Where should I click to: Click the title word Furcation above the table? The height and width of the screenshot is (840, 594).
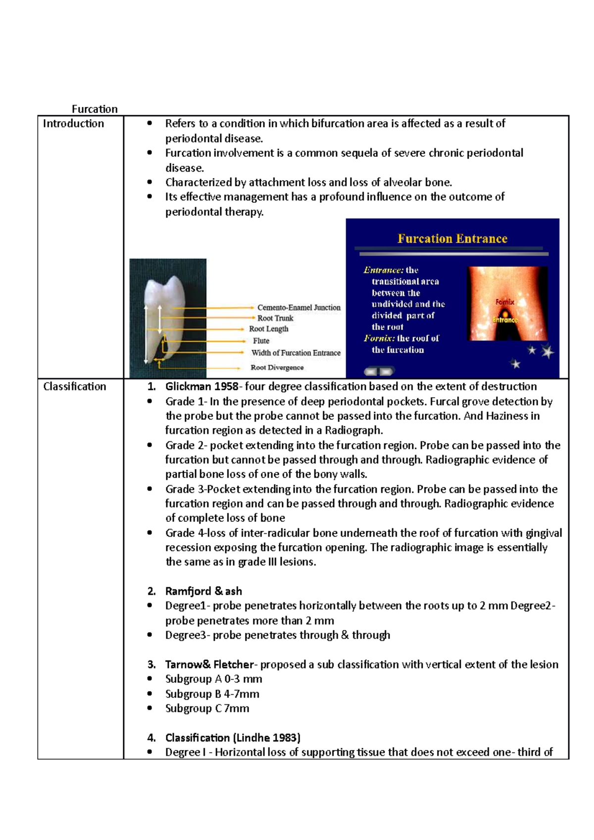pyautogui.click(x=95, y=109)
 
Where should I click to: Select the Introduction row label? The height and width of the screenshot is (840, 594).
pyautogui.click(x=73, y=124)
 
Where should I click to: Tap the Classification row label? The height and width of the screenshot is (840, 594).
pyautogui.click(x=74, y=386)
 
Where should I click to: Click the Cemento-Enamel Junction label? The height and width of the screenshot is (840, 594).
pyautogui.click(x=298, y=308)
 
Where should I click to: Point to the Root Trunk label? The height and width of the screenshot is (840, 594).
pyautogui.click(x=275, y=318)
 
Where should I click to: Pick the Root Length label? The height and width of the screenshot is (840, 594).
pyautogui.click(x=268, y=329)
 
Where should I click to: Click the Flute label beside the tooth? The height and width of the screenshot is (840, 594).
pyautogui.click(x=261, y=341)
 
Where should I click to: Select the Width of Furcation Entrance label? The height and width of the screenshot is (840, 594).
pyautogui.click(x=296, y=353)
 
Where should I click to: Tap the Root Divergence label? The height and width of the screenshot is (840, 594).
pyautogui.click(x=277, y=368)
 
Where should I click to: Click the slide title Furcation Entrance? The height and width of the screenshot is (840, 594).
pyautogui.click(x=452, y=239)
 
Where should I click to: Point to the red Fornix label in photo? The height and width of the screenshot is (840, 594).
pyautogui.click(x=505, y=302)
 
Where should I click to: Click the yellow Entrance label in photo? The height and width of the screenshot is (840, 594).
pyautogui.click(x=505, y=320)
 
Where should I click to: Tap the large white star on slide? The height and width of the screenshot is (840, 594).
pyautogui.click(x=547, y=352)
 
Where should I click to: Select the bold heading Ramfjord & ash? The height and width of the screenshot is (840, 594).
pyautogui.click(x=203, y=591)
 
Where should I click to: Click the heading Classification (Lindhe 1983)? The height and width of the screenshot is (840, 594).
pyautogui.click(x=233, y=738)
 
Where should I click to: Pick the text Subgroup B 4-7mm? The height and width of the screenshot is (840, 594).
pyautogui.click(x=212, y=694)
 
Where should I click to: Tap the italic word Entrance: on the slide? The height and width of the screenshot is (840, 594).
pyautogui.click(x=383, y=270)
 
